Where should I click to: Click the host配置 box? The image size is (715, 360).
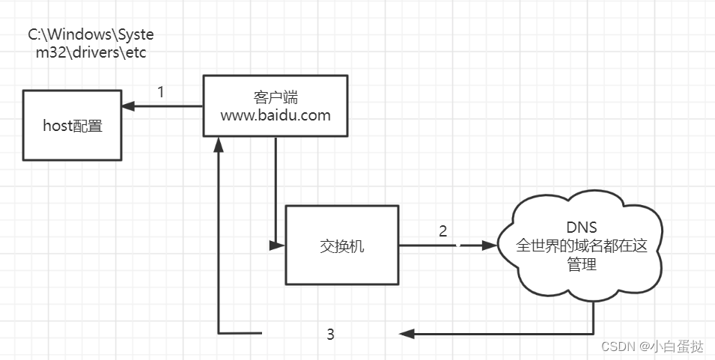click(x=72, y=125)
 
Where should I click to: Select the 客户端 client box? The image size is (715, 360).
click(x=276, y=106)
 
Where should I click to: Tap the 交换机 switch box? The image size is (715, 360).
click(x=341, y=245)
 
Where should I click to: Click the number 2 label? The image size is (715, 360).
click(x=442, y=231)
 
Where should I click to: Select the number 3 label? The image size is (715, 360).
click(x=330, y=334)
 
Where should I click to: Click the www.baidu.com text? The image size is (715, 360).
click(x=276, y=115)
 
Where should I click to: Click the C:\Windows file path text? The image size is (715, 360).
click(x=93, y=44)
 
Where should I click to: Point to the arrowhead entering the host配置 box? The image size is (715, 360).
click(x=128, y=106)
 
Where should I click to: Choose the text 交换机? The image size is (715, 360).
click(x=341, y=245)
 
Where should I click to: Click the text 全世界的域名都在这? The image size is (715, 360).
click(x=582, y=245)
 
